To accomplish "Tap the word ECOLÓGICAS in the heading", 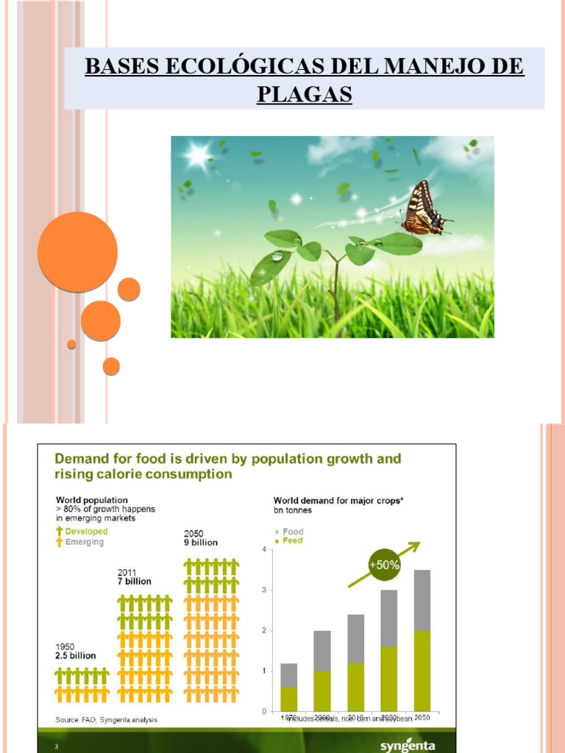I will (x=242, y=66).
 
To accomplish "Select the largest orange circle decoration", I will (x=77, y=251).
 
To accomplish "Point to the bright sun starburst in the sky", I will (x=198, y=155).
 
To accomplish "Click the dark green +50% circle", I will (x=384, y=565).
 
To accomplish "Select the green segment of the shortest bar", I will (x=288, y=699).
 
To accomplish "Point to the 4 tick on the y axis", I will (x=263, y=549).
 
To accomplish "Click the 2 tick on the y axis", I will (x=263, y=630).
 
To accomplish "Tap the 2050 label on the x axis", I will (x=423, y=717).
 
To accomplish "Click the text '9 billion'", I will (x=201, y=543).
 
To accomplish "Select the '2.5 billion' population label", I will (x=76, y=655).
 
